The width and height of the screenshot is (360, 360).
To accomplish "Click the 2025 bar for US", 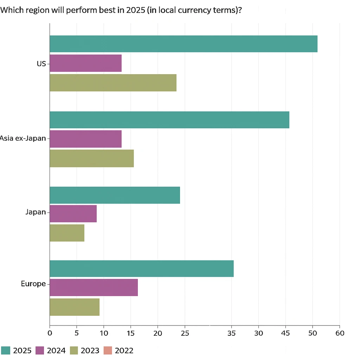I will click(x=183, y=44).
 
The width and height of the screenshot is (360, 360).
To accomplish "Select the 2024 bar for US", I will click(x=85, y=63).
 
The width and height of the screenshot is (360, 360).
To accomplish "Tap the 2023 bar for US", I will click(x=113, y=83).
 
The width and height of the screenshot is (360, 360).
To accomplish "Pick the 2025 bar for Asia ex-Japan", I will click(x=169, y=120).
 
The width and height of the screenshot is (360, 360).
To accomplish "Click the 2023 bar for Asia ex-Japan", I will click(x=91, y=158).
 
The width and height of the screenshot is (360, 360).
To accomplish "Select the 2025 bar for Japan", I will click(x=115, y=195).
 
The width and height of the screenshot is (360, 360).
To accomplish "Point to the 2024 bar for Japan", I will click(x=73, y=214).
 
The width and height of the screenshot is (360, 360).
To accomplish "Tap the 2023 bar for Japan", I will click(x=67, y=233).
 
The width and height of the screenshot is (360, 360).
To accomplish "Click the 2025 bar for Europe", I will click(x=141, y=269).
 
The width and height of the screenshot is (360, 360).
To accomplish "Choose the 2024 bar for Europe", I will click(x=94, y=288).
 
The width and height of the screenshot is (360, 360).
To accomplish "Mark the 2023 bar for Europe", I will click(x=74, y=307).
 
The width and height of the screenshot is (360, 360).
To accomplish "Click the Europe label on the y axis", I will click(x=33, y=284).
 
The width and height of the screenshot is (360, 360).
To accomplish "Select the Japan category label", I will click(x=36, y=212).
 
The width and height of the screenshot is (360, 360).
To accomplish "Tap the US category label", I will click(x=41, y=64).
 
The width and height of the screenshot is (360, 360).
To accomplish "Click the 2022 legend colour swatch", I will click(x=108, y=351).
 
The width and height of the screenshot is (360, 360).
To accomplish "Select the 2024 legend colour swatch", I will click(x=40, y=351).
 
